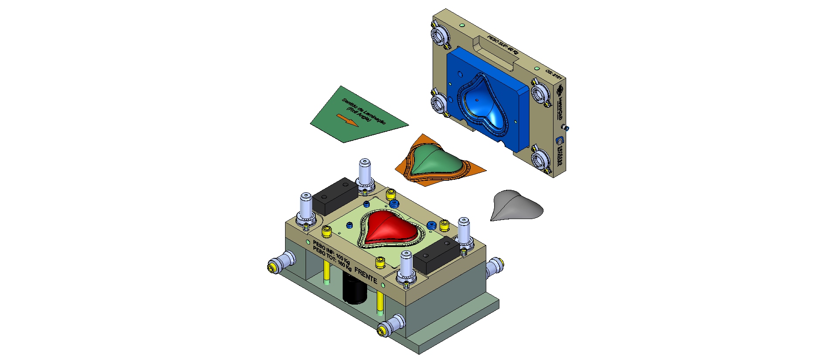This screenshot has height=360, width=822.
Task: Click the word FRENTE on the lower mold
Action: [x=365, y=275]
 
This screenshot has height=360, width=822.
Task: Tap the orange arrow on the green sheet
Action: [x=348, y=120]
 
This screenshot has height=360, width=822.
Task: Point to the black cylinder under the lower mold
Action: [x=355, y=288]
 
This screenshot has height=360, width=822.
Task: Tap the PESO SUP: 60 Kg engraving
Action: [x=502, y=45]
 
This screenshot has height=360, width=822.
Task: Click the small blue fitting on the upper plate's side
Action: [x=566, y=128]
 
